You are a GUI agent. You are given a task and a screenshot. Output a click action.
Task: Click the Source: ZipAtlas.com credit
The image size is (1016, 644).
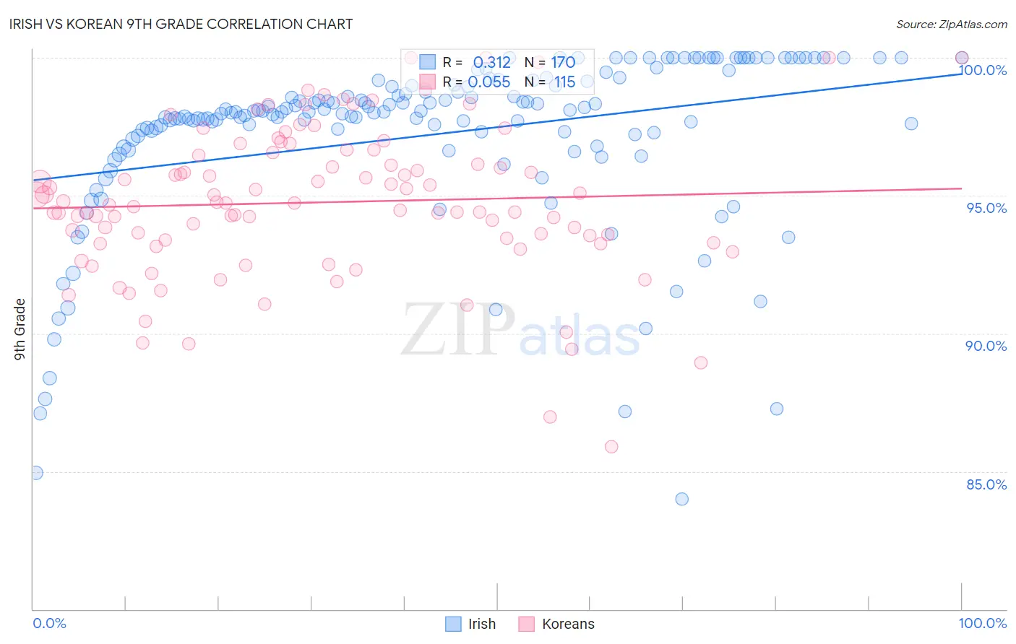(x=951, y=24)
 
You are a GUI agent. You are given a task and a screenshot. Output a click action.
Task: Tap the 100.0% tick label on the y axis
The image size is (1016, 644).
(x=983, y=70)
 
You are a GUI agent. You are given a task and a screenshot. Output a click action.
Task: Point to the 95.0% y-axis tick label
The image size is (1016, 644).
(x=986, y=208)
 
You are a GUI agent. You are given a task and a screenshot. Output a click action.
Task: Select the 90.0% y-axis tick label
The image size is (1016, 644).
(x=986, y=346)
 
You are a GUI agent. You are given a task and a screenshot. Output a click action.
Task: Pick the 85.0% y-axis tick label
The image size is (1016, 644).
(x=986, y=484)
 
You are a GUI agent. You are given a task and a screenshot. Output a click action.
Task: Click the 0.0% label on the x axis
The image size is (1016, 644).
(x=50, y=623)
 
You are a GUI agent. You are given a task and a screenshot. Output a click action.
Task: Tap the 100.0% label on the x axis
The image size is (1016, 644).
(x=982, y=623)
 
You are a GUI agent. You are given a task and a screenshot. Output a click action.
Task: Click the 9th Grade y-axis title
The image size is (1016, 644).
(x=20, y=329)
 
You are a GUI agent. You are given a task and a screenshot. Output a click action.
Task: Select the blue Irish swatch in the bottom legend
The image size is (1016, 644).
(x=453, y=624)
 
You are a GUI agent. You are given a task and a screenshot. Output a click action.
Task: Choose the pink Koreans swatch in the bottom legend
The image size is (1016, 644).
(x=526, y=624)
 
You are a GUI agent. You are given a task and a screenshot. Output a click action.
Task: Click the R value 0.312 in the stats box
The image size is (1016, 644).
(x=491, y=63)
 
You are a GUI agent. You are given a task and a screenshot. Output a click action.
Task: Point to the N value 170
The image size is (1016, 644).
(x=563, y=63)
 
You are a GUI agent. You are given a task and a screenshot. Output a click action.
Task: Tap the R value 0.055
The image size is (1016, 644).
(x=489, y=82)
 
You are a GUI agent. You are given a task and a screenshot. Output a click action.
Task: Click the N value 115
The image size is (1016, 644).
(x=564, y=82)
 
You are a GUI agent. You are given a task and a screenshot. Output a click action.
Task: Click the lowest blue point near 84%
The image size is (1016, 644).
(x=681, y=499)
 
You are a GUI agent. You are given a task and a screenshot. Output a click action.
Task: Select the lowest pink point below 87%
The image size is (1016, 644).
(x=611, y=447)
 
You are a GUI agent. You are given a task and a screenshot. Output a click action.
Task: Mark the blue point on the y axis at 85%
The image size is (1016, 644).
(x=36, y=473)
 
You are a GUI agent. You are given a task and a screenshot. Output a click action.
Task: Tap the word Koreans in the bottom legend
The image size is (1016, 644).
(x=568, y=624)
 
